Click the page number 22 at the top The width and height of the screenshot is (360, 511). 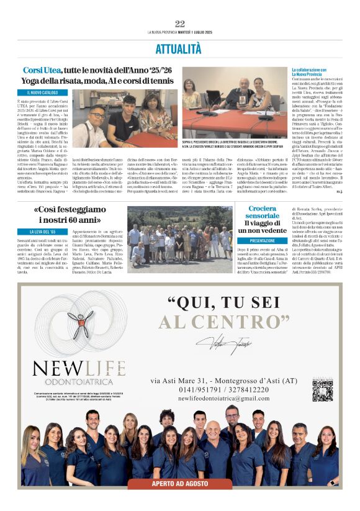point(180,24)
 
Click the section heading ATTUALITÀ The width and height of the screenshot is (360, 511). point(179,48)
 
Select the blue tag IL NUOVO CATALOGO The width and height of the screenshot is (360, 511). point(43,93)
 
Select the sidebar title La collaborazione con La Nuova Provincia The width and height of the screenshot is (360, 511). point(313,73)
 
